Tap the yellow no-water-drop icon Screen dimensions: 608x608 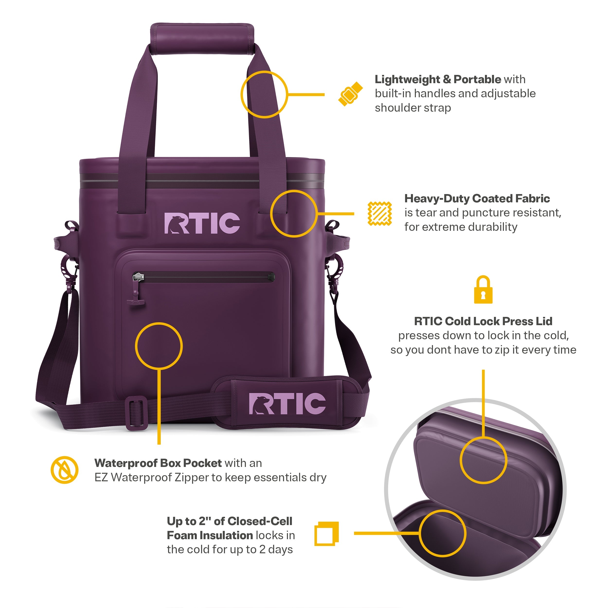coord(64,470)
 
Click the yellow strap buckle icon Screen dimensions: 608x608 coord(350,94)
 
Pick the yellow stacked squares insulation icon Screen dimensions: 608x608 coord(327,534)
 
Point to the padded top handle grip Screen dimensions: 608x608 coord(202,39)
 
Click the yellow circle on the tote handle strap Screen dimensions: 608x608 coord(264,71)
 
